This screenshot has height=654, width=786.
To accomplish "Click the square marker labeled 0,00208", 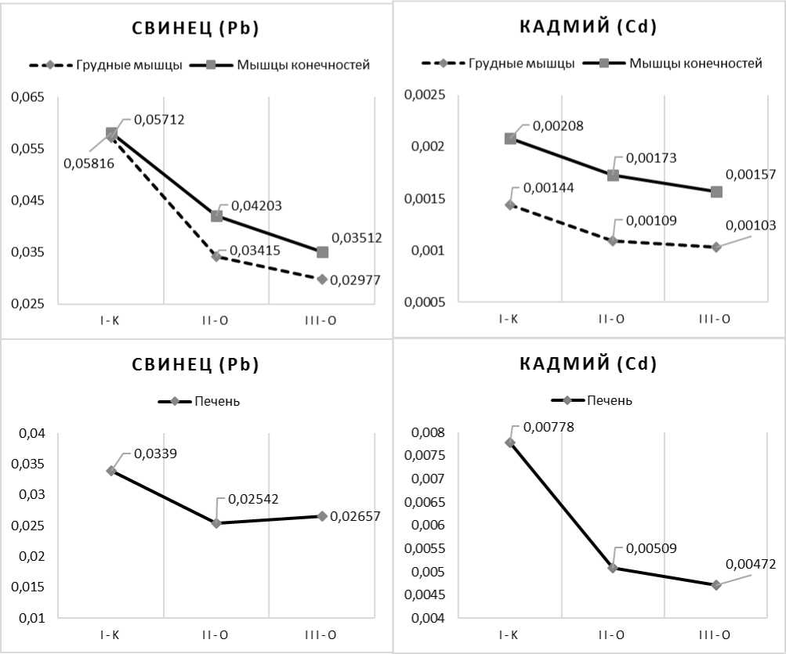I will click(x=510, y=139).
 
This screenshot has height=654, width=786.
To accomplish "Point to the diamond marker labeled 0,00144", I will click(x=510, y=204).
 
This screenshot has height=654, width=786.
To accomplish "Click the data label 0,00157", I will click(x=751, y=175).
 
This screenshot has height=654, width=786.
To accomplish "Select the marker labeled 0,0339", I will click(x=111, y=471).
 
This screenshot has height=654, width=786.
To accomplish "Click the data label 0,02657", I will click(x=355, y=516).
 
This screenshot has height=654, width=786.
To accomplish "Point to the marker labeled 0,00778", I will click(x=510, y=443).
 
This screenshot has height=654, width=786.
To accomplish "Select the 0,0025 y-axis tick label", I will click(x=424, y=96).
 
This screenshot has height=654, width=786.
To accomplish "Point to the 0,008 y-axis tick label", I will click(x=428, y=433).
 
